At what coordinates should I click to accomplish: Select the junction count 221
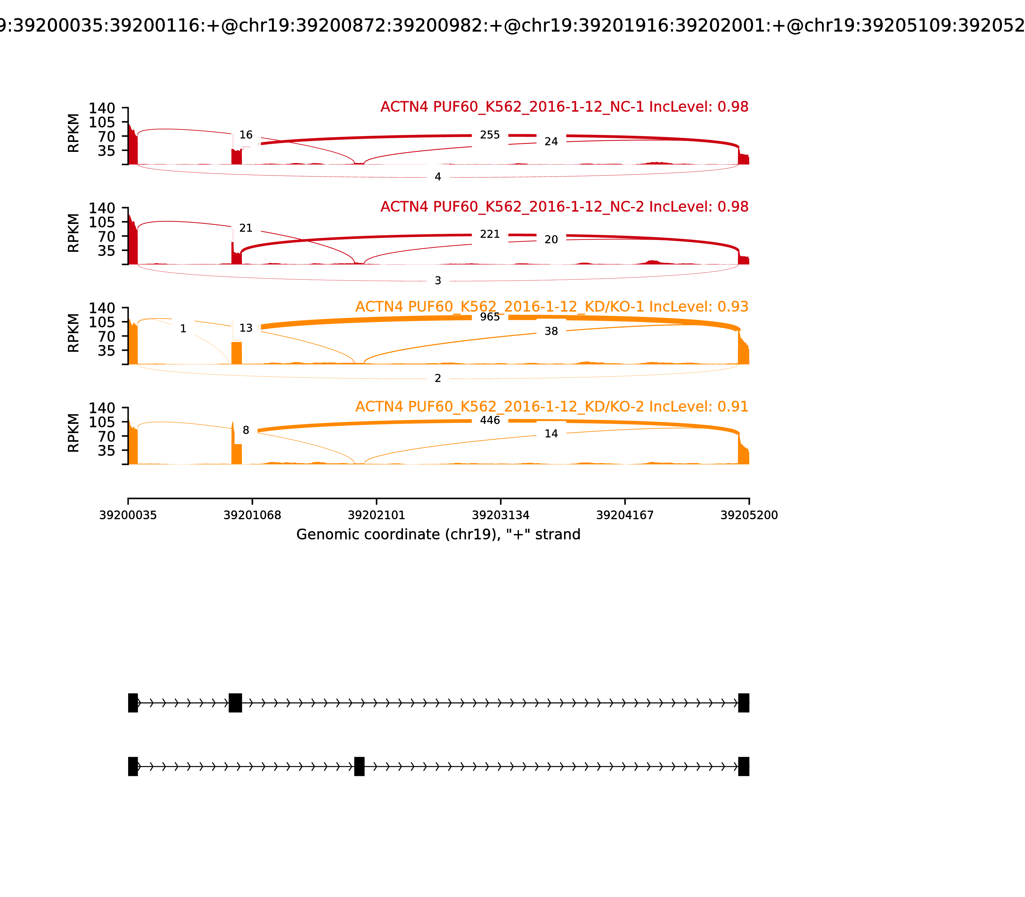(489, 234)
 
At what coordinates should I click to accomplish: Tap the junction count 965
(489, 317)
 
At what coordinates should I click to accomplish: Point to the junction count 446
(489, 420)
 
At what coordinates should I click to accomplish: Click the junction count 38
(551, 331)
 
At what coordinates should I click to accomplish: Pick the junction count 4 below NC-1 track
(438, 177)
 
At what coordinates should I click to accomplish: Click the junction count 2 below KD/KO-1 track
(438, 378)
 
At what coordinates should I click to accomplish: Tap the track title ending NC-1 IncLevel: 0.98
(564, 107)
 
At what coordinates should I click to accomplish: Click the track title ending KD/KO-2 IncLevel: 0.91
(552, 407)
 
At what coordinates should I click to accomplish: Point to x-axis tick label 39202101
(376, 515)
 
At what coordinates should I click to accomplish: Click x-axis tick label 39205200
(749, 515)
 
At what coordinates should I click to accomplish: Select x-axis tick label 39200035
(128, 515)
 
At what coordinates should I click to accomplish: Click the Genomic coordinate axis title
(439, 535)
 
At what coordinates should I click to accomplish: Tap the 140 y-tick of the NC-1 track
(102, 108)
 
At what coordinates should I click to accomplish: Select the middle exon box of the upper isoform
(235, 703)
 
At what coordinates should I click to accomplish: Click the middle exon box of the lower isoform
(359, 766)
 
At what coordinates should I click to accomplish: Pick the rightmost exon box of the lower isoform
(744, 766)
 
